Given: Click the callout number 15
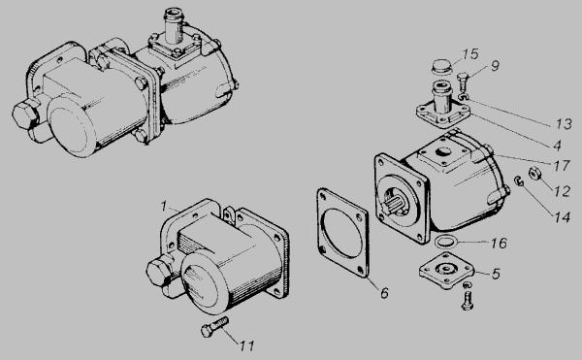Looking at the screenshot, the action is (470, 54).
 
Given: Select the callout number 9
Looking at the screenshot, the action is (495, 66).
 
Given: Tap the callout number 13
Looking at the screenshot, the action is (564, 123).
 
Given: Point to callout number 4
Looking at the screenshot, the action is (557, 146).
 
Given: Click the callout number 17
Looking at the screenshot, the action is (562, 166).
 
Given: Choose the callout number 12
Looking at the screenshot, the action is (562, 191).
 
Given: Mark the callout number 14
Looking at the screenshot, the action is (563, 217).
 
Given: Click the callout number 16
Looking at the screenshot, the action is (499, 244).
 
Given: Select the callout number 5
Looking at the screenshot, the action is (497, 274).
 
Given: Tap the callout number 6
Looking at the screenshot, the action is (384, 293).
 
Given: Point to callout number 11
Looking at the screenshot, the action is (246, 345).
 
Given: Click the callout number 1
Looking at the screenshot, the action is (164, 207).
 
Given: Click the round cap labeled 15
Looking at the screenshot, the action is (442, 68).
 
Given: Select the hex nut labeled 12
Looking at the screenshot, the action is (534, 174).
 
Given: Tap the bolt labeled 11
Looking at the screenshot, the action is (214, 327).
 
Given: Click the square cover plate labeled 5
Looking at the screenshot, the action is (447, 271).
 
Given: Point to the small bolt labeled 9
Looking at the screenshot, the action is (462, 81).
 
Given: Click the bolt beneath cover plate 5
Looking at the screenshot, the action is (468, 301).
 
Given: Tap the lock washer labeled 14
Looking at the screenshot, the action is (519, 180).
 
